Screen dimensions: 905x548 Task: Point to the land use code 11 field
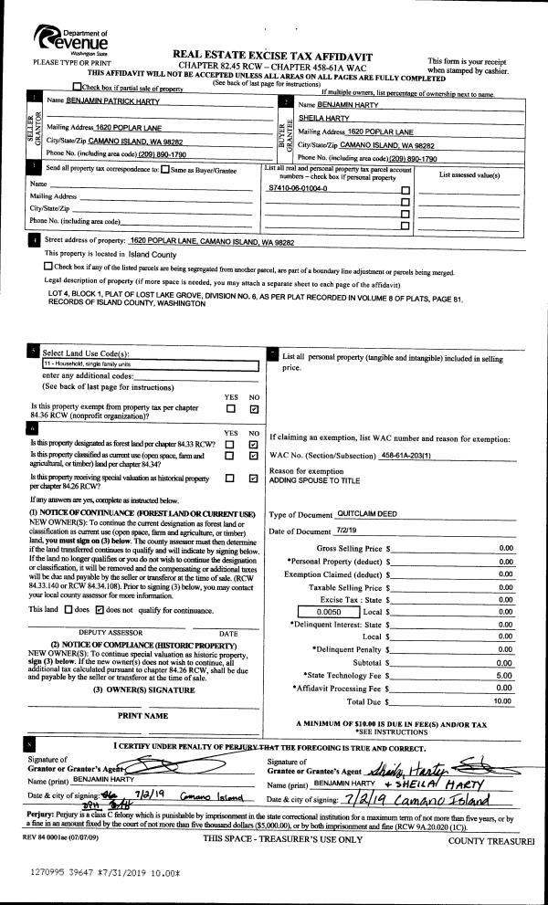point(151,363)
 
